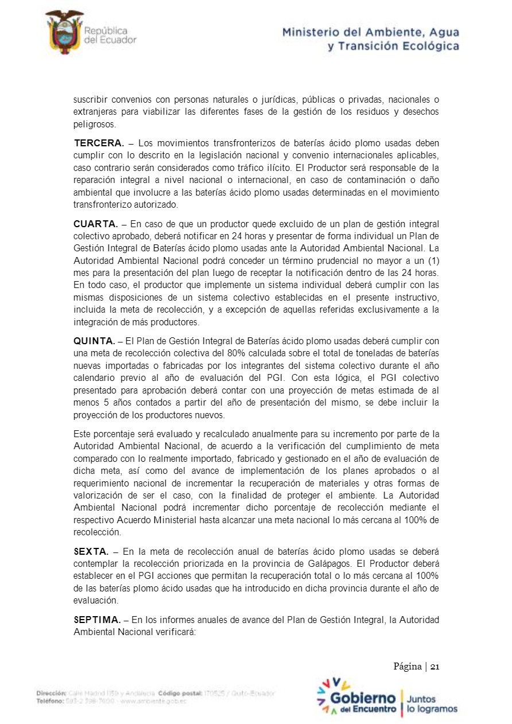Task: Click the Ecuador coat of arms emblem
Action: point(64,32)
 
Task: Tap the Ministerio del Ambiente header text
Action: point(370,39)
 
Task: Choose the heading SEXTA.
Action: point(91,551)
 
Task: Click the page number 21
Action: point(435,667)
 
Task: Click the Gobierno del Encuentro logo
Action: point(356,696)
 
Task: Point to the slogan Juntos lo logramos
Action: point(432,704)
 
